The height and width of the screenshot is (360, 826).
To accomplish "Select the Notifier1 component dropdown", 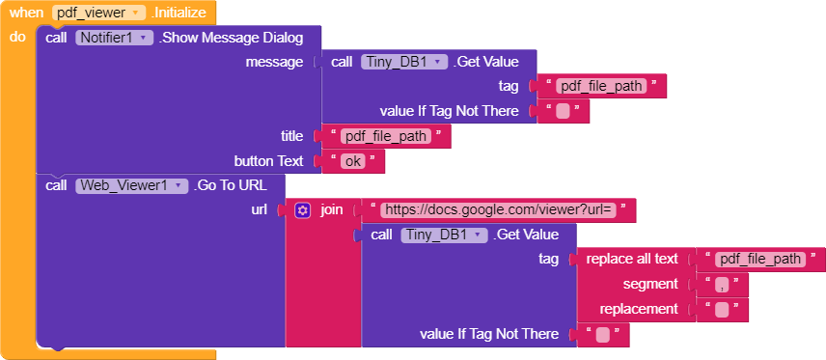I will coord(113,38).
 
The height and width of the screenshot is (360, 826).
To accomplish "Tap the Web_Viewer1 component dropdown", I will coord(131,185).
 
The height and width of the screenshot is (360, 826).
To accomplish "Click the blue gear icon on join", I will coord(302,209).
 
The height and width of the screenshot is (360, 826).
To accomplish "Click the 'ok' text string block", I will coord(353,161).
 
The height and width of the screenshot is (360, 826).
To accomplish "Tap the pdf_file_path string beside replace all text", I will coord(760,259).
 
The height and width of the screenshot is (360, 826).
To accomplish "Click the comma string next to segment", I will coord(721,285).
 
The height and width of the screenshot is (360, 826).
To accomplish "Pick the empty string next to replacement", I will coord(721,310).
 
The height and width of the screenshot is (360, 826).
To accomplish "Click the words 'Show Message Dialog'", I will coord(233,38).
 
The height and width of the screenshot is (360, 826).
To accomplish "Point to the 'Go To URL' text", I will coord(231,185).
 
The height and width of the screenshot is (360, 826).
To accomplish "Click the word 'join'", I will coord(331,209).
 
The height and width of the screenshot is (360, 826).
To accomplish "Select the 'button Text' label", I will coord(268,161).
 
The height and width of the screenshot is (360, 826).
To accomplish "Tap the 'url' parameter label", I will coord(259,209).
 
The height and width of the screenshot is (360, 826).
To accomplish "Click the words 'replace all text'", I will coord(640,259).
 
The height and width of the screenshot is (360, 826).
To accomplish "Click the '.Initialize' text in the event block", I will coord(179,14).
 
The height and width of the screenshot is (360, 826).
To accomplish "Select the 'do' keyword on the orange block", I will coord(17,37).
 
